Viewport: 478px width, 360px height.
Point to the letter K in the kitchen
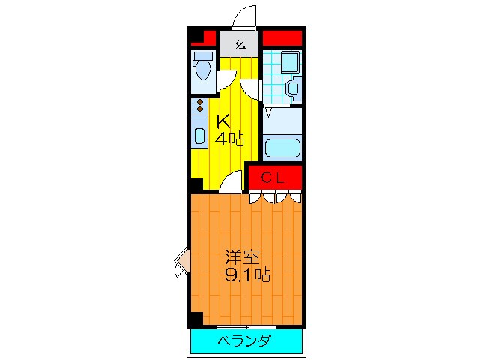[223, 121]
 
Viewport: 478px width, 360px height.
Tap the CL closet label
[274, 177]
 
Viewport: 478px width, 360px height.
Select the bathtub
[282, 146]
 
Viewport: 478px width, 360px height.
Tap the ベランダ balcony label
[245, 341]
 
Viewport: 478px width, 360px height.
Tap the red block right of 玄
[282, 37]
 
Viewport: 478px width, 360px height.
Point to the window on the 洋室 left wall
[182, 262]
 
